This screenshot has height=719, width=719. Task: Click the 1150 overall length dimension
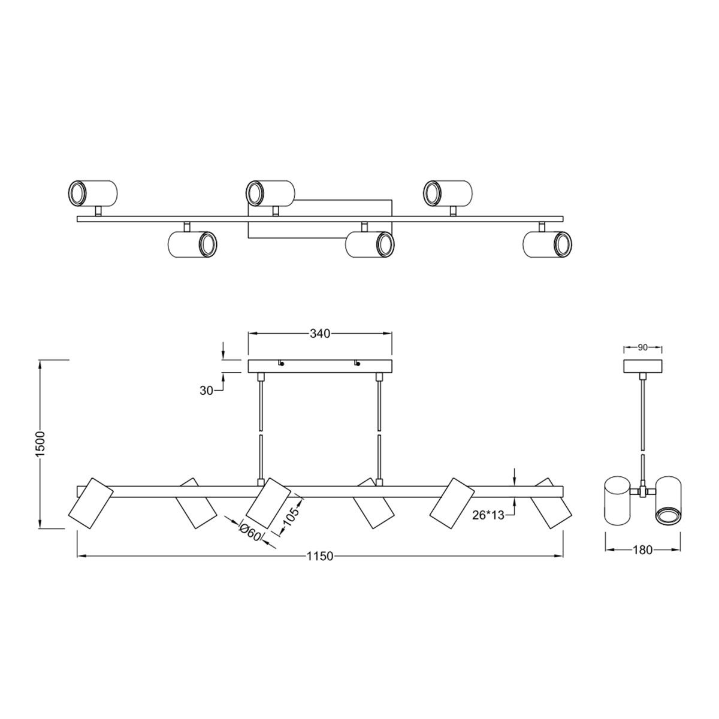tap(320, 556)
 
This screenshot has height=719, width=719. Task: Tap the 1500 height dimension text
tap(41, 443)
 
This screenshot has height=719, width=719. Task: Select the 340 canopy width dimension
tap(320, 334)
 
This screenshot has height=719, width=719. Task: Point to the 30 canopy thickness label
tap(206, 391)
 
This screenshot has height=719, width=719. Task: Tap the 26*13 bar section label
tap(488, 515)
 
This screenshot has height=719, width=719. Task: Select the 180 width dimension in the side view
tap(642, 549)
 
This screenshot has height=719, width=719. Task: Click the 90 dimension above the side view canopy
tap(642, 348)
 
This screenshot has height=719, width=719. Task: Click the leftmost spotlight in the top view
tap(93, 194)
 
